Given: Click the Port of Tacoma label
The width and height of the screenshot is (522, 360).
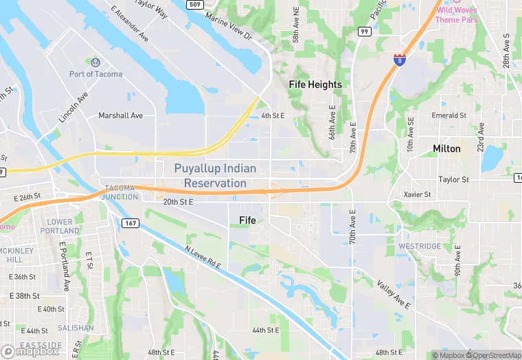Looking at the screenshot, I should coord(96,74).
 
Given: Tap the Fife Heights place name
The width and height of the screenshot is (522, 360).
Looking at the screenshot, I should coord(315,85).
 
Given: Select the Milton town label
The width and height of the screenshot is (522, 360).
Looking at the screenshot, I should coord(446,148).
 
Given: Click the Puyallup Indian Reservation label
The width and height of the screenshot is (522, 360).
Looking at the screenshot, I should coord(215,176).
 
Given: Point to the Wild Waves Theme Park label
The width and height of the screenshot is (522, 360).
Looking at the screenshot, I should coord(456,14).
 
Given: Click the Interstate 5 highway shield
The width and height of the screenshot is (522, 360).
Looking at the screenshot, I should coord(399,59).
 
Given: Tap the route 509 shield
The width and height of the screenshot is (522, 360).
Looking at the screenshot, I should coord(194,5).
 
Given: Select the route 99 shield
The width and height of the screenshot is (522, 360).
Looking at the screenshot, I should coord(365,32).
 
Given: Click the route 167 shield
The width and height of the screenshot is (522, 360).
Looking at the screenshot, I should coord(130,223).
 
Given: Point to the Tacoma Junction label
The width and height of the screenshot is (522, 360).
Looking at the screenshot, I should coord(120,192).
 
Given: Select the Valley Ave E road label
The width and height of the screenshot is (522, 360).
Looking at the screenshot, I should coord(393,293).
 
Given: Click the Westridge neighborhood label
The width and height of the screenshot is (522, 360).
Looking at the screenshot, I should coord(420,246).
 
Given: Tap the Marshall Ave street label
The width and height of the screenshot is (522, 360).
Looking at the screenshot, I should coord(120,115).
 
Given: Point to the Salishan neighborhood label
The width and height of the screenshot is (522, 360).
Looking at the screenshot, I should coord(76,328).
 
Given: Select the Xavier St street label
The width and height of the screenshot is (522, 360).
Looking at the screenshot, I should coord(417,194).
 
